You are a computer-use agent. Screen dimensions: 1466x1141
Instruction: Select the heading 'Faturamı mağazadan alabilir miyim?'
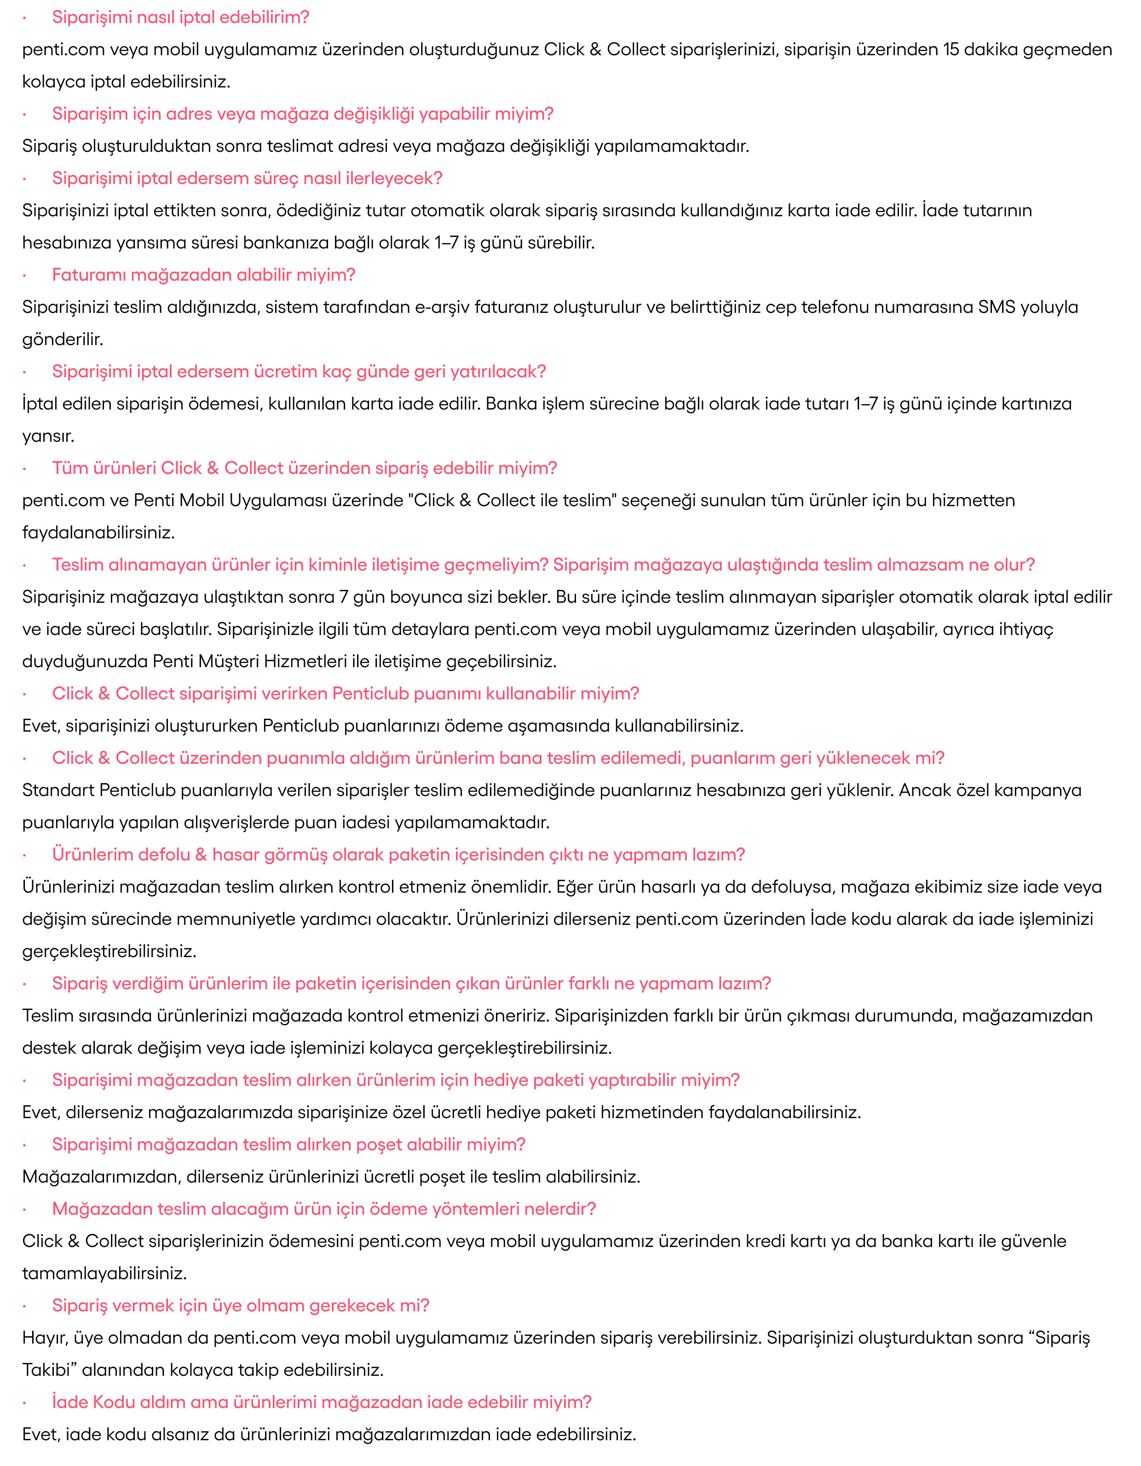203,275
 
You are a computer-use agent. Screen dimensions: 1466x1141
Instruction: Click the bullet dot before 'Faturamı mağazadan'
25,275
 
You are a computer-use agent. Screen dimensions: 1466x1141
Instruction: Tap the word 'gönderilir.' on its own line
63,340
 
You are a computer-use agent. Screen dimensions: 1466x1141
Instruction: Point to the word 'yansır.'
48,436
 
